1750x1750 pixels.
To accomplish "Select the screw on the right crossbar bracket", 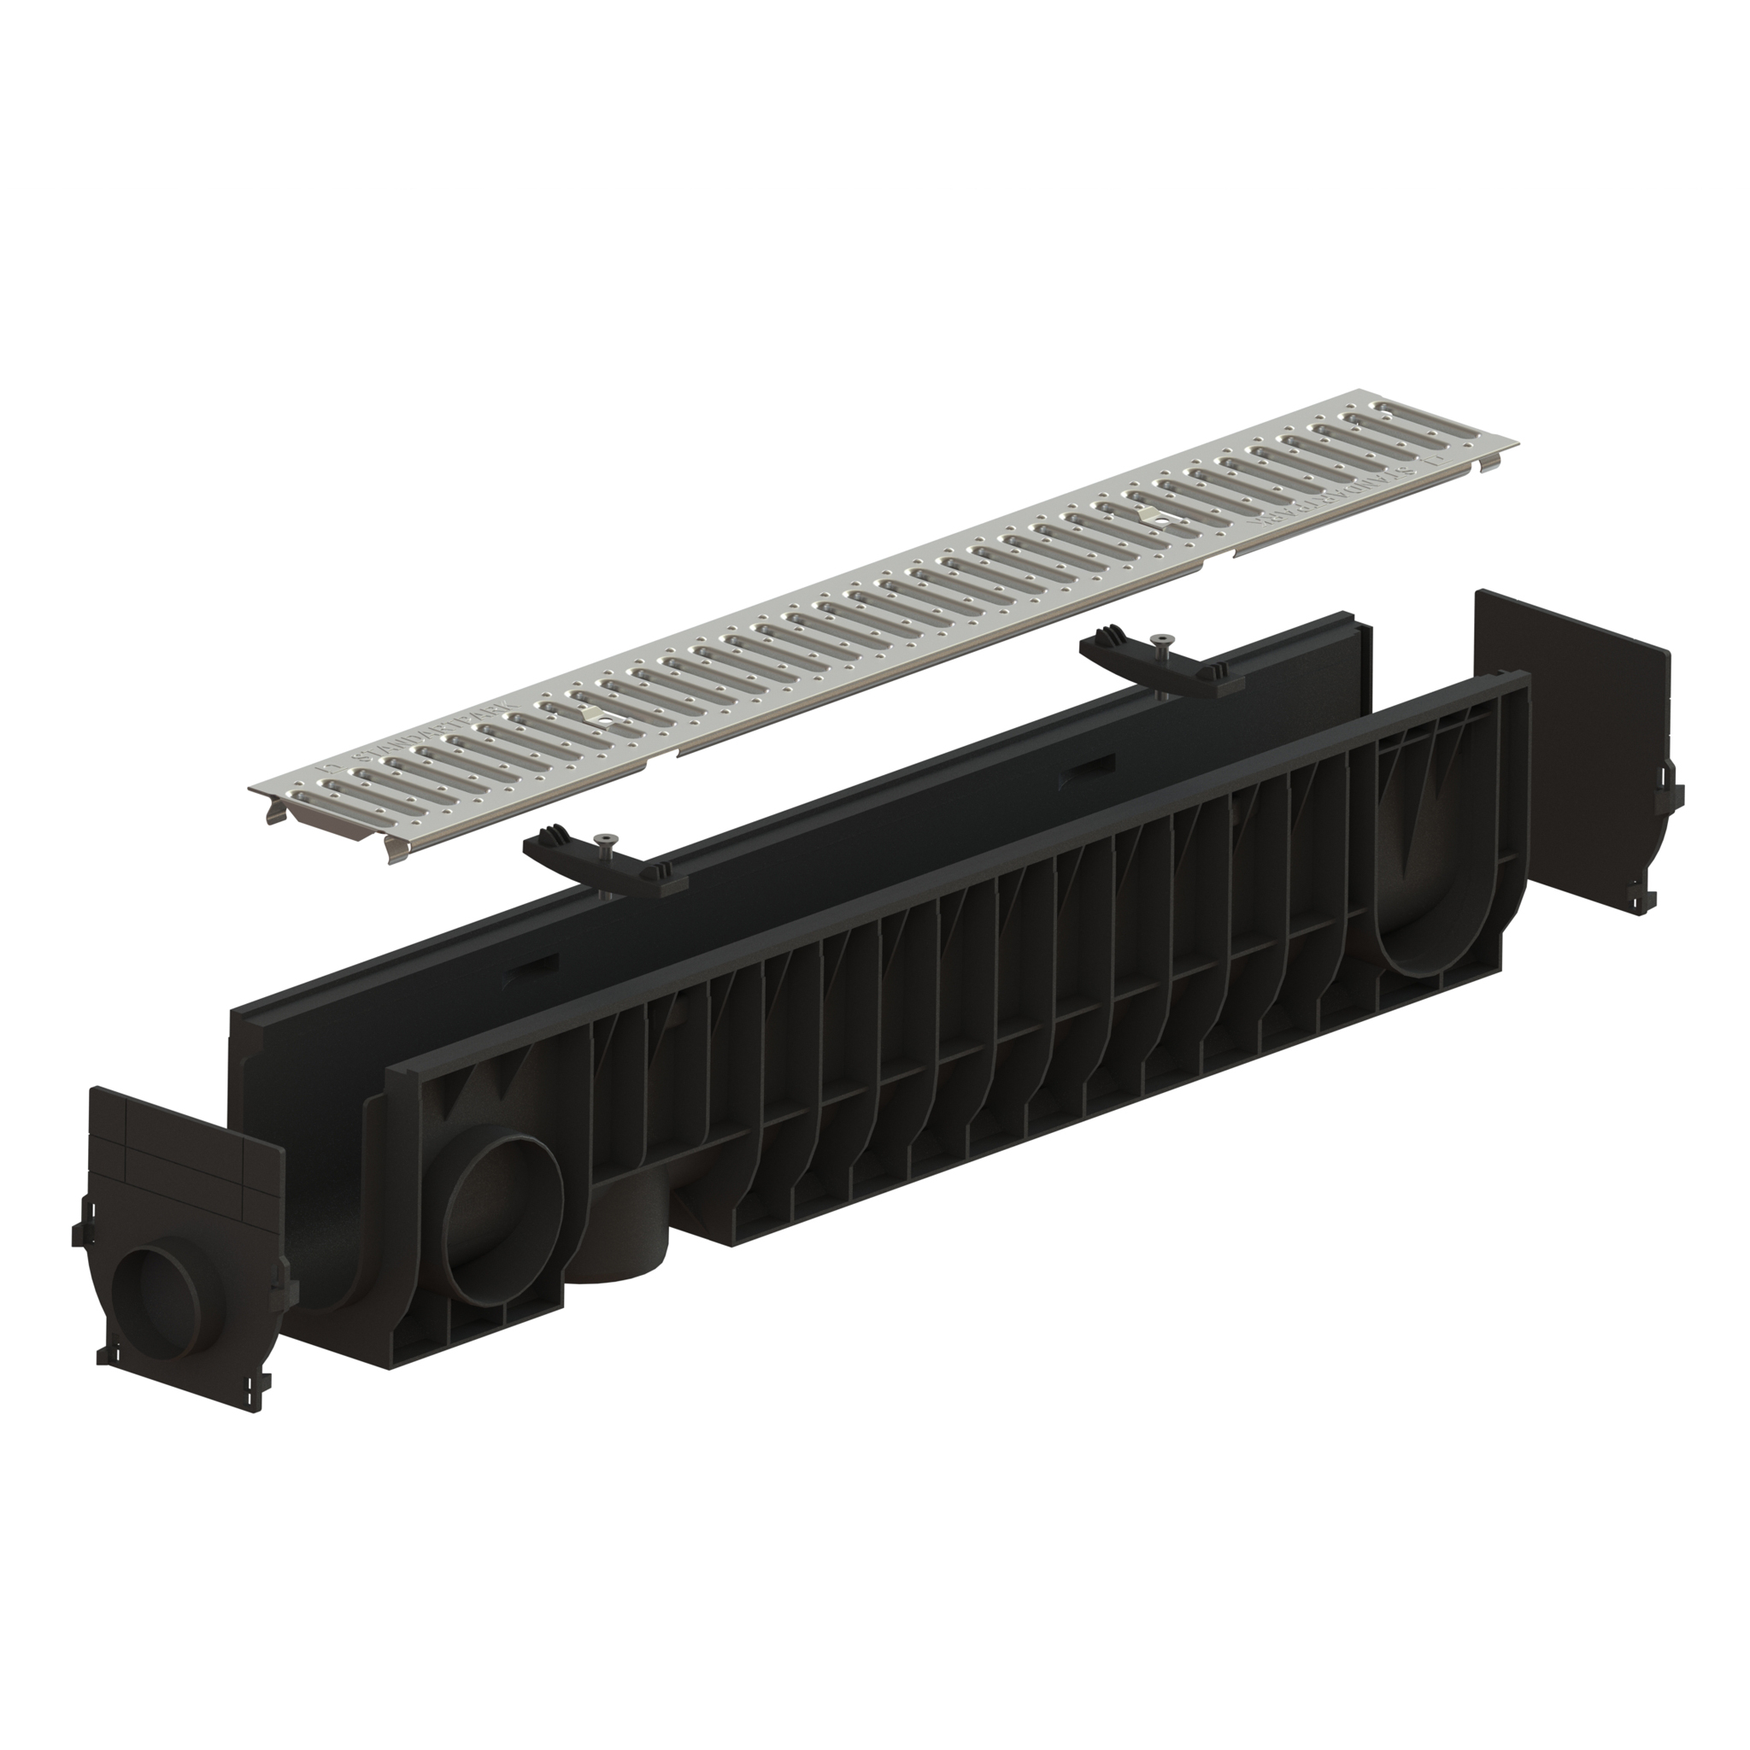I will click(x=1159, y=645).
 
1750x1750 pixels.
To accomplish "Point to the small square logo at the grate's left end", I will click(x=328, y=770).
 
